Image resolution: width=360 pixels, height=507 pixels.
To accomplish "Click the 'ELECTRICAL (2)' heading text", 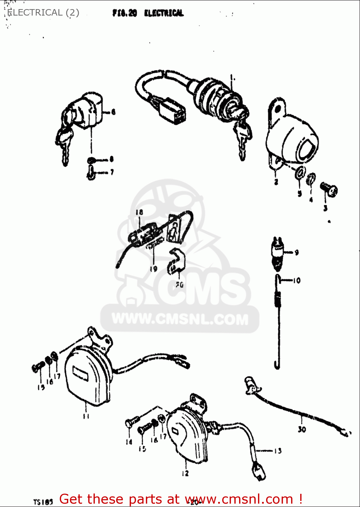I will tap(43, 13).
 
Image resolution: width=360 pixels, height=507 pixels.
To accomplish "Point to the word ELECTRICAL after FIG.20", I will tap(164, 13).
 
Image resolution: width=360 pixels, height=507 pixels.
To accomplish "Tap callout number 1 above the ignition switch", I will tap(232, 78).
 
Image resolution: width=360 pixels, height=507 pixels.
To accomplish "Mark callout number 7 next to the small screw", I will tap(112, 172).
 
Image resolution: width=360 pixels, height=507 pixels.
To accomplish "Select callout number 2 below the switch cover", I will tap(276, 182).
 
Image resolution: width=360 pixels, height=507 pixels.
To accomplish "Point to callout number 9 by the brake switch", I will tap(297, 252).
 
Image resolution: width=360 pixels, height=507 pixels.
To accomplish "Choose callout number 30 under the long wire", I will tap(302, 429).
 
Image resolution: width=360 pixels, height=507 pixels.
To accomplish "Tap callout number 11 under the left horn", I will tap(86, 416).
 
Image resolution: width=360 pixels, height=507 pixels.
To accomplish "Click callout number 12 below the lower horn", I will tap(185, 473).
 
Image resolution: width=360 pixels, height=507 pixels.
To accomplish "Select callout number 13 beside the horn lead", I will tap(278, 451).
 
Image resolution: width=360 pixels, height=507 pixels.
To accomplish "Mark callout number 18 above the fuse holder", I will tap(139, 212).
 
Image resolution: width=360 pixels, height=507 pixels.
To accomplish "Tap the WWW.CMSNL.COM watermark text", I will tap(180, 319).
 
